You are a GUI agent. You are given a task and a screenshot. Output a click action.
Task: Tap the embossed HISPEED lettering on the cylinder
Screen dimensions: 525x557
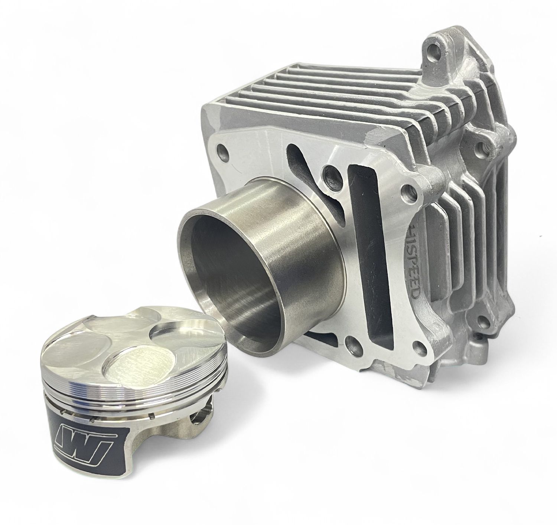[416, 260]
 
